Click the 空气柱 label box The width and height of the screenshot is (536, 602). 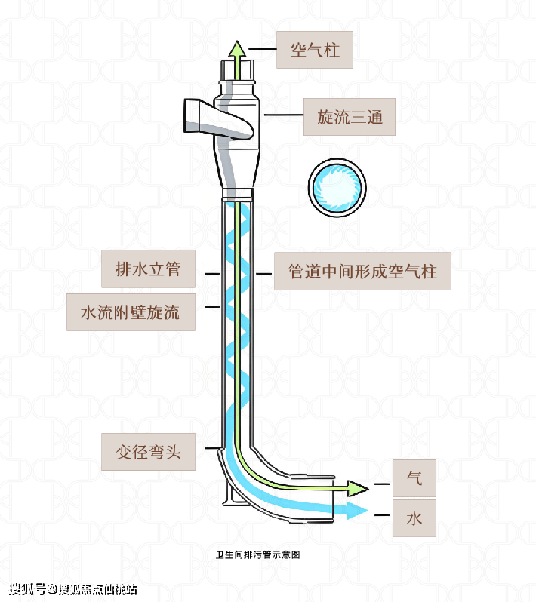(315, 50)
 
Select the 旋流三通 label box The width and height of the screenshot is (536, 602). (349, 117)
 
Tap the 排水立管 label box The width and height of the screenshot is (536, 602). (148, 269)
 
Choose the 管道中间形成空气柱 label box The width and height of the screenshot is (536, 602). (362, 271)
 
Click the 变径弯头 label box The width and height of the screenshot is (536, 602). (149, 452)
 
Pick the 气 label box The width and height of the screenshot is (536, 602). (414, 478)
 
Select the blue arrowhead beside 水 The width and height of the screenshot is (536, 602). (359, 511)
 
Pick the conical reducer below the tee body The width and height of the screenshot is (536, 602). (238, 167)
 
